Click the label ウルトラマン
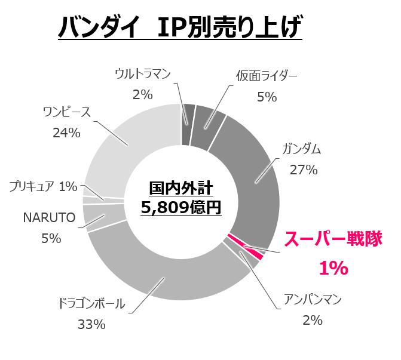pyautogui.click(x=143, y=75)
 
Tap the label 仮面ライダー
pyautogui.click(x=266, y=75)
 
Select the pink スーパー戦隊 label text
pyautogui.click(x=332, y=239)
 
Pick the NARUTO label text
pyautogui.click(x=49, y=218)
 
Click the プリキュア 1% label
pyautogui.click(x=43, y=186)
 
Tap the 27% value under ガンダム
pyautogui.click(x=303, y=170)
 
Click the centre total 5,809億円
pyautogui.click(x=181, y=208)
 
